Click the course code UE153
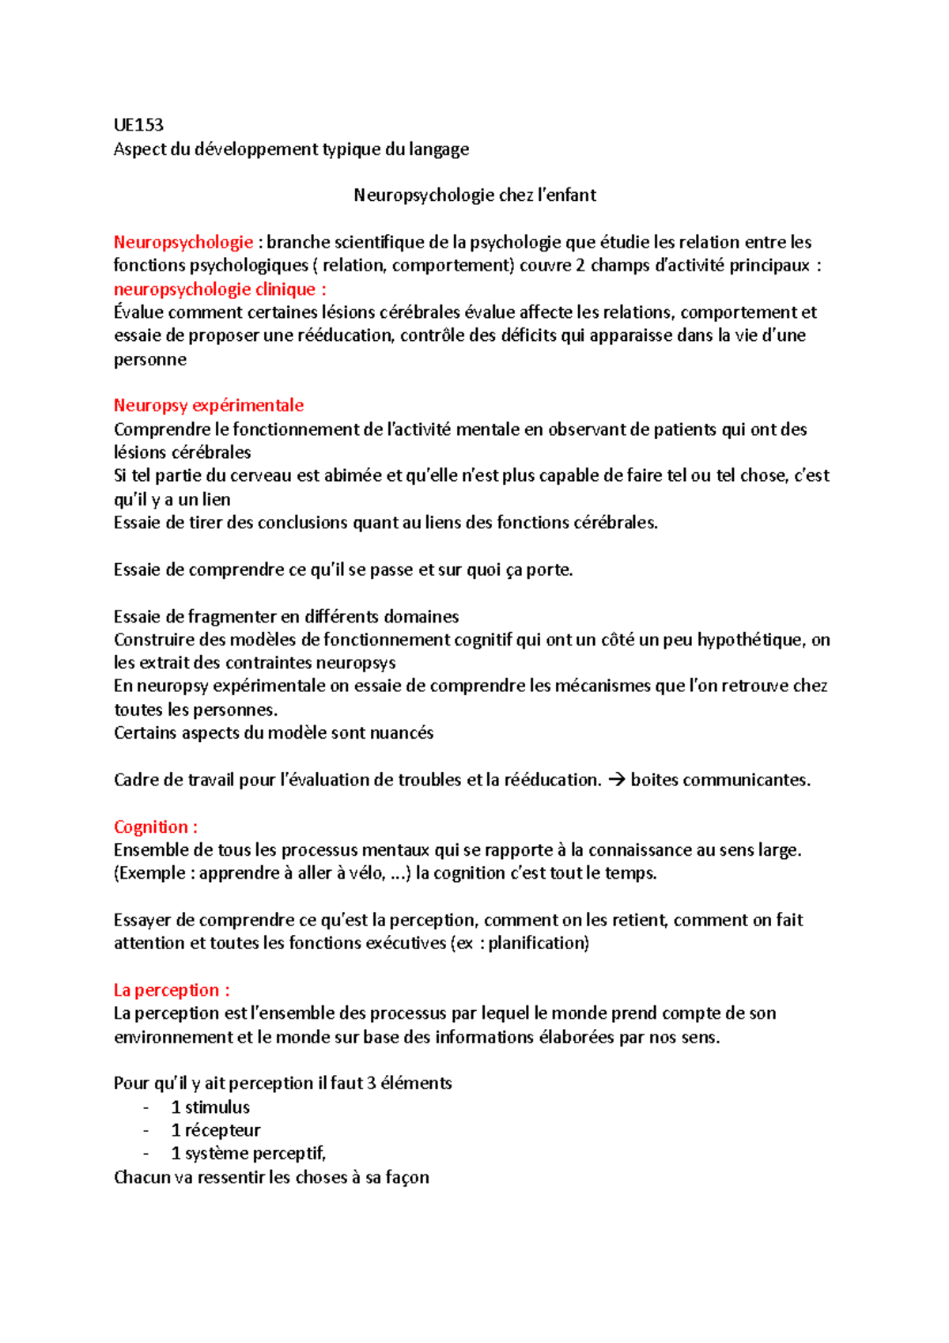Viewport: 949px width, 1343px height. coord(138,125)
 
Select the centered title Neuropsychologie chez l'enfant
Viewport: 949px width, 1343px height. coord(475,195)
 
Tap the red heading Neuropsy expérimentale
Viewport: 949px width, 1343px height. coord(209,406)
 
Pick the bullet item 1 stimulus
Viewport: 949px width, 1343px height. coord(210,1107)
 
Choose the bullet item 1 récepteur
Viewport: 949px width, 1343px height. coord(216,1130)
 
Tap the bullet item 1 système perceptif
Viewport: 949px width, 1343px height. coord(248,1154)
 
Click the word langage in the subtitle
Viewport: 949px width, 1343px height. coord(439,149)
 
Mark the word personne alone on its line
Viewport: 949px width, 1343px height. coord(150,360)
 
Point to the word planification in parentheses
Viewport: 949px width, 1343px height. coord(537,944)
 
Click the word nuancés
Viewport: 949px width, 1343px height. coord(403,733)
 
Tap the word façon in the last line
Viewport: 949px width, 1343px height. coord(407,1178)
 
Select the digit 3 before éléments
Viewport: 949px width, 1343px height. coord(371,1084)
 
